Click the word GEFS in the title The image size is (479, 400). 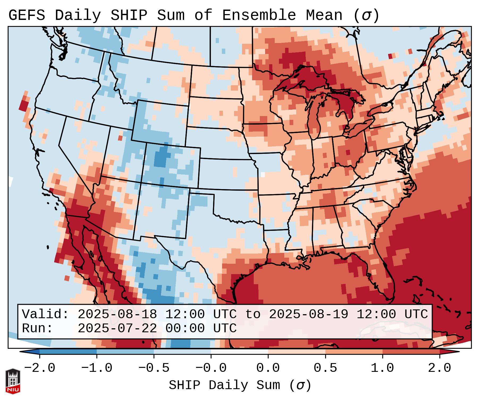pyautogui.click(x=27, y=15)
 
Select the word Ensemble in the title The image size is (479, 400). pyautogui.click(x=259, y=15)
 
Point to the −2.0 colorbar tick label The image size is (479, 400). pyautogui.click(x=40, y=368)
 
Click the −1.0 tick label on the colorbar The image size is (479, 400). pyautogui.click(x=97, y=368)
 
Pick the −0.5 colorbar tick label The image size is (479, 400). pyautogui.click(x=154, y=368)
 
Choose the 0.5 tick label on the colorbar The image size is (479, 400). pyautogui.click(x=325, y=368)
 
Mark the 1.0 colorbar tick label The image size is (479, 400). pyautogui.click(x=383, y=368)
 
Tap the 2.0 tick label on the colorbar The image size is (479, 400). pyautogui.click(x=440, y=368)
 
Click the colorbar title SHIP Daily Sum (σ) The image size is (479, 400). pyautogui.click(x=240, y=385)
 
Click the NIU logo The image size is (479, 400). pyautogui.click(x=13, y=381)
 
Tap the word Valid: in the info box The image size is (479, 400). pyautogui.click(x=45, y=314)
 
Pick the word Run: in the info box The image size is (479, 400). pyautogui.click(x=37, y=329)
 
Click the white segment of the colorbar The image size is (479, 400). pyautogui.click(x=239, y=351)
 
